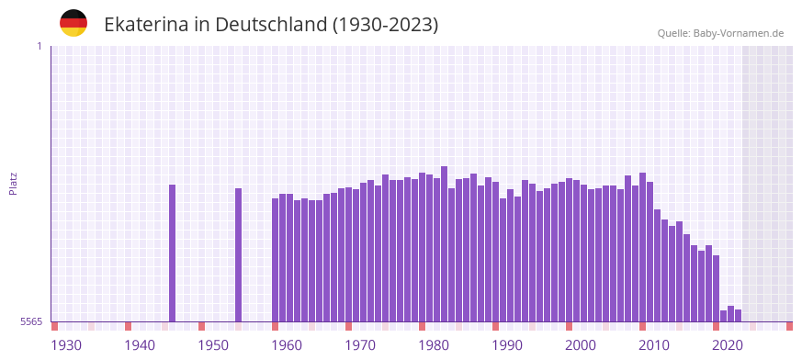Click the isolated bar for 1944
coord(172,253)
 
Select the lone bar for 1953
coord(238,254)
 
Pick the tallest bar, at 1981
coord(444,243)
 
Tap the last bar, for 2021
coord(738,315)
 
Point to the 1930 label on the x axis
coord(66,344)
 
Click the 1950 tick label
coord(213,344)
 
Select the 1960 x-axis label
coord(287,344)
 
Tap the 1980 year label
coord(434,344)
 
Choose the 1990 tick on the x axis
coord(507,344)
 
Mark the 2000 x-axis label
coord(581,344)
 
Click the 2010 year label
coord(654,344)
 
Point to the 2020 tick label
coord(728,344)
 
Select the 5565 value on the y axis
coord(30,321)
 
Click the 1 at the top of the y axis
coord(39,46)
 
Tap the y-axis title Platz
coord(13,183)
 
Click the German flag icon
coord(73,23)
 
